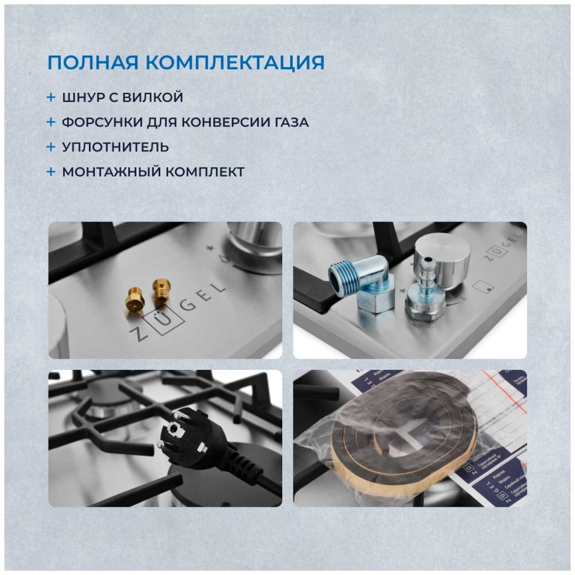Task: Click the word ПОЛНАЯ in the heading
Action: tap(93, 63)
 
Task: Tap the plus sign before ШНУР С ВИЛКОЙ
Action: tap(51, 97)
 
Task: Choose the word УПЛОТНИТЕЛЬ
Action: tap(115, 147)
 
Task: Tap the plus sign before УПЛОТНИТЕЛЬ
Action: tap(51, 147)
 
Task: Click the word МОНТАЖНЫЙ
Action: tap(104, 172)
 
